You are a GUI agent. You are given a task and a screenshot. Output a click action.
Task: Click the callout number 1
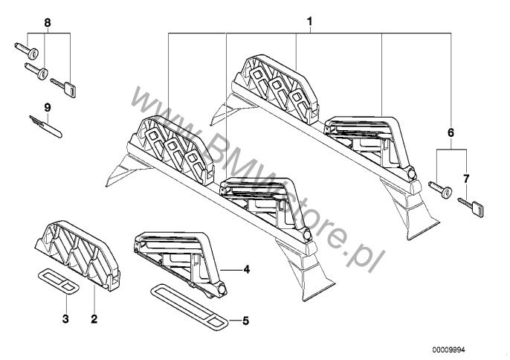click(309, 22)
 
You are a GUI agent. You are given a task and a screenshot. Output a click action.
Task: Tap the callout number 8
click(48, 23)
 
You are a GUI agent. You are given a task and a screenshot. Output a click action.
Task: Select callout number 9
click(48, 107)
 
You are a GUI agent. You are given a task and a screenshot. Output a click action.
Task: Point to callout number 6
click(451, 133)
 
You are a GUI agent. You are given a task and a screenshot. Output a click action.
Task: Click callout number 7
click(466, 179)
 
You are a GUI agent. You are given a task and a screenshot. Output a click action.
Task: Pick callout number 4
click(246, 269)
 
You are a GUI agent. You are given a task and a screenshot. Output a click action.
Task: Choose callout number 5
click(245, 321)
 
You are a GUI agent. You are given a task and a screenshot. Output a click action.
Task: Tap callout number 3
click(65, 318)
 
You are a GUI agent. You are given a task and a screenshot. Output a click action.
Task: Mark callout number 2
click(94, 318)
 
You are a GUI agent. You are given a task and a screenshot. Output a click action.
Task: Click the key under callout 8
click(63, 87)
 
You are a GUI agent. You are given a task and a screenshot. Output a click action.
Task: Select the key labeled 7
click(471, 207)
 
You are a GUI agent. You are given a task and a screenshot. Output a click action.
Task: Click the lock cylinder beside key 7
click(440, 190)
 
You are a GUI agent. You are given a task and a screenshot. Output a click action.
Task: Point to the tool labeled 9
click(45, 126)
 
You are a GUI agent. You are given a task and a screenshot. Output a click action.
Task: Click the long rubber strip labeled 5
click(188, 306)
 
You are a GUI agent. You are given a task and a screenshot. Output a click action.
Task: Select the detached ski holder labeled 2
click(77, 255)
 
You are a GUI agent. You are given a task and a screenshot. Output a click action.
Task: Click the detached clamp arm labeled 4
click(181, 263)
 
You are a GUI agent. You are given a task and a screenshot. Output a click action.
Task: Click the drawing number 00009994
click(448, 350)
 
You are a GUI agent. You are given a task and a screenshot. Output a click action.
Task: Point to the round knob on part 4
click(222, 289)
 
